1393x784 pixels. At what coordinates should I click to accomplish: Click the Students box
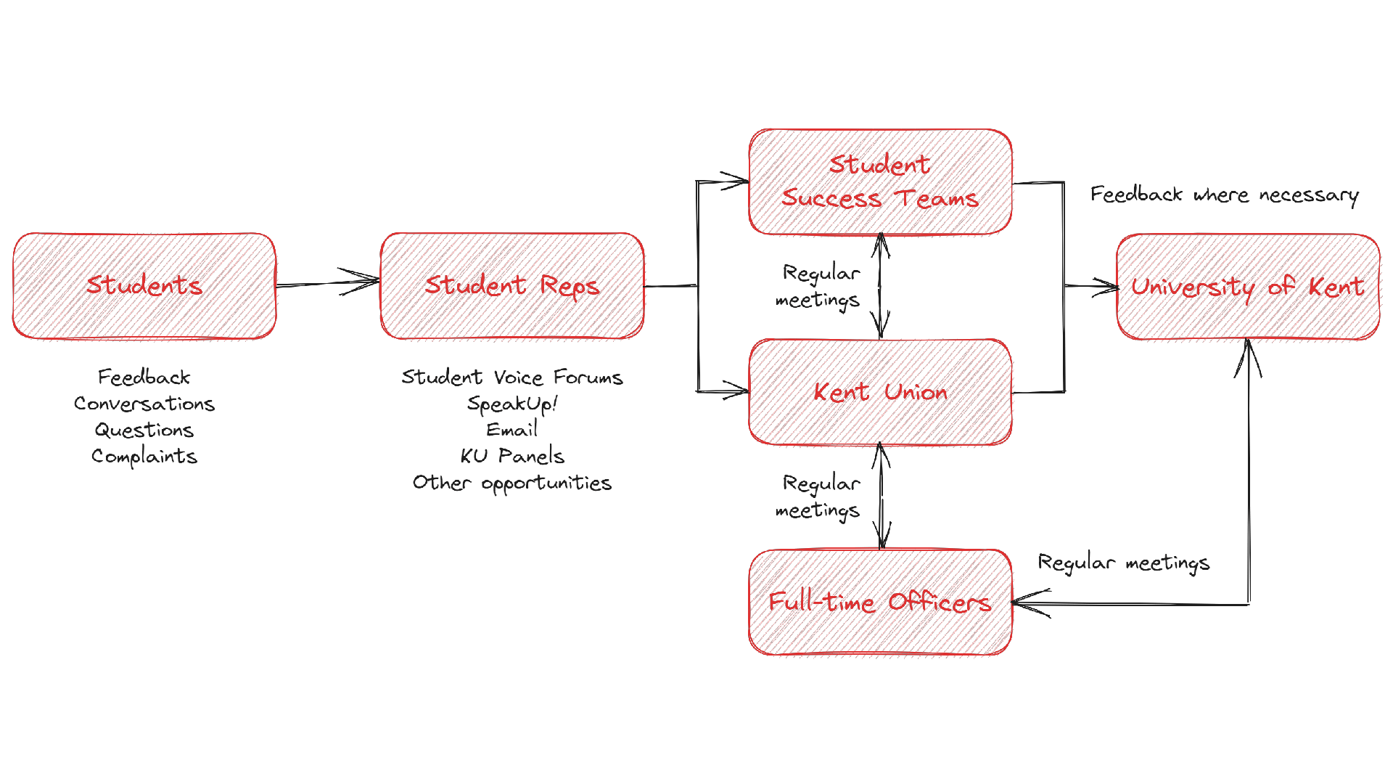tap(144, 285)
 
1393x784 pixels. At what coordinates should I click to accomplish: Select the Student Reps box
tap(511, 285)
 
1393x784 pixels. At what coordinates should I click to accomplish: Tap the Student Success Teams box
tap(880, 182)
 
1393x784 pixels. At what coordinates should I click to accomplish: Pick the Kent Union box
tap(880, 392)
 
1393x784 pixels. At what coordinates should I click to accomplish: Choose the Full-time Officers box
tap(880, 603)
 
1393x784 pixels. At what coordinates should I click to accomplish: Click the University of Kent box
tap(1248, 287)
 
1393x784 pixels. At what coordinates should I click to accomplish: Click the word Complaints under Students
tap(144, 457)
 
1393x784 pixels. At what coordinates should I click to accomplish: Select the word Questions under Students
tap(144, 430)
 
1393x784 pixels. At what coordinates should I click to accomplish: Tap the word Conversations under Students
tap(144, 404)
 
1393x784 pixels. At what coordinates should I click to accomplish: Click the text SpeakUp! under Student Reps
tap(511, 404)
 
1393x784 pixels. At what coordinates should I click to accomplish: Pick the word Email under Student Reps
tap(511, 430)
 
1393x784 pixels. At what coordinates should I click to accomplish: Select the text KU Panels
tap(511, 457)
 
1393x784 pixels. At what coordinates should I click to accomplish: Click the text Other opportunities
tap(511, 483)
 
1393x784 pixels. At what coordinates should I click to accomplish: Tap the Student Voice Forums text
tap(511, 377)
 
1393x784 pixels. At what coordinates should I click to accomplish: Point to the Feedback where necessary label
tap(1224, 195)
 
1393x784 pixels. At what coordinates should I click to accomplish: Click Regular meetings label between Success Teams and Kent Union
tap(818, 286)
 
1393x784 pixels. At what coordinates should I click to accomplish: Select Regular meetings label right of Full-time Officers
tap(1123, 563)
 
